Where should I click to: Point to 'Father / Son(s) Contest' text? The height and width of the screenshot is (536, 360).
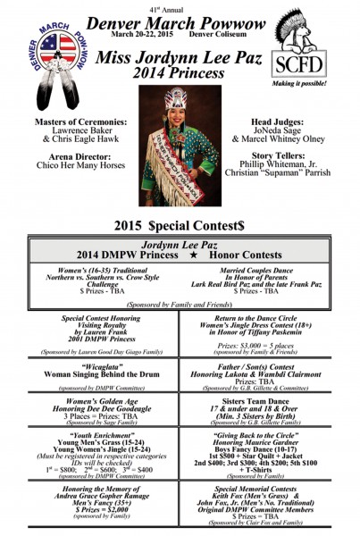(265, 364)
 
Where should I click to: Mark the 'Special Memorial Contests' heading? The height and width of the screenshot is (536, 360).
(265, 490)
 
